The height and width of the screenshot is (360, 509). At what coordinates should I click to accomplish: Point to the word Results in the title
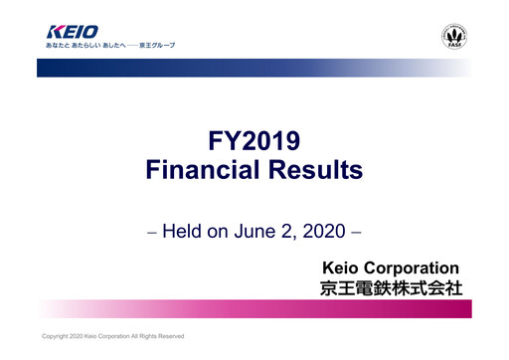pos(319,171)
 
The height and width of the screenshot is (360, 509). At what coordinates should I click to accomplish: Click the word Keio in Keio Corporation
pos(342,268)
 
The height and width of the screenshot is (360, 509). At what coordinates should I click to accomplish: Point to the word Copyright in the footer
pos(57,336)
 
